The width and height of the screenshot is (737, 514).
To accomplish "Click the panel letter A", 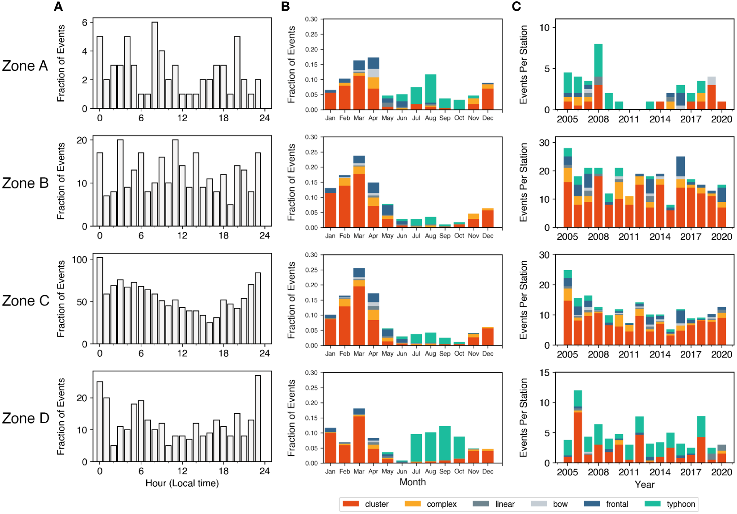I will coord(58,7).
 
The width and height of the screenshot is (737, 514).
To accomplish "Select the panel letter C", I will coord(516,7).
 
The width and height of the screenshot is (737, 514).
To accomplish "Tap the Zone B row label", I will coord(25,183).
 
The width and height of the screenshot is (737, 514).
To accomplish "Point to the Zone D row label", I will coord(25,418).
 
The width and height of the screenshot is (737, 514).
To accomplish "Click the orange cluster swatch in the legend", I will coord(351,504).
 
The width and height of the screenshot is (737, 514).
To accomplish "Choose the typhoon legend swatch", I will coord(652,504).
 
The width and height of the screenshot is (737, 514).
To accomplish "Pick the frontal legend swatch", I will coord(592,504).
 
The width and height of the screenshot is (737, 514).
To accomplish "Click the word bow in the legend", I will coord(560,504).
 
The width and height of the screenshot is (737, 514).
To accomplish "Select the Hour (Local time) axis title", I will coord(182,483).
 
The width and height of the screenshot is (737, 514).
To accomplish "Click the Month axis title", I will coord(412,482).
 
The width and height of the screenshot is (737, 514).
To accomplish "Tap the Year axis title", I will coord(644,485).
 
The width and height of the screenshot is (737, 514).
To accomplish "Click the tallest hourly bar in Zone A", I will coord(155,65).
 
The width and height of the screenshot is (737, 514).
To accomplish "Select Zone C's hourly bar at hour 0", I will coord(100,301).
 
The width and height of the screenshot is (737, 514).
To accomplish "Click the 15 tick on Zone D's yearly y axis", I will coord(544,373).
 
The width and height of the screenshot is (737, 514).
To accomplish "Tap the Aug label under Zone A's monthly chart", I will coord(430,118).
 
